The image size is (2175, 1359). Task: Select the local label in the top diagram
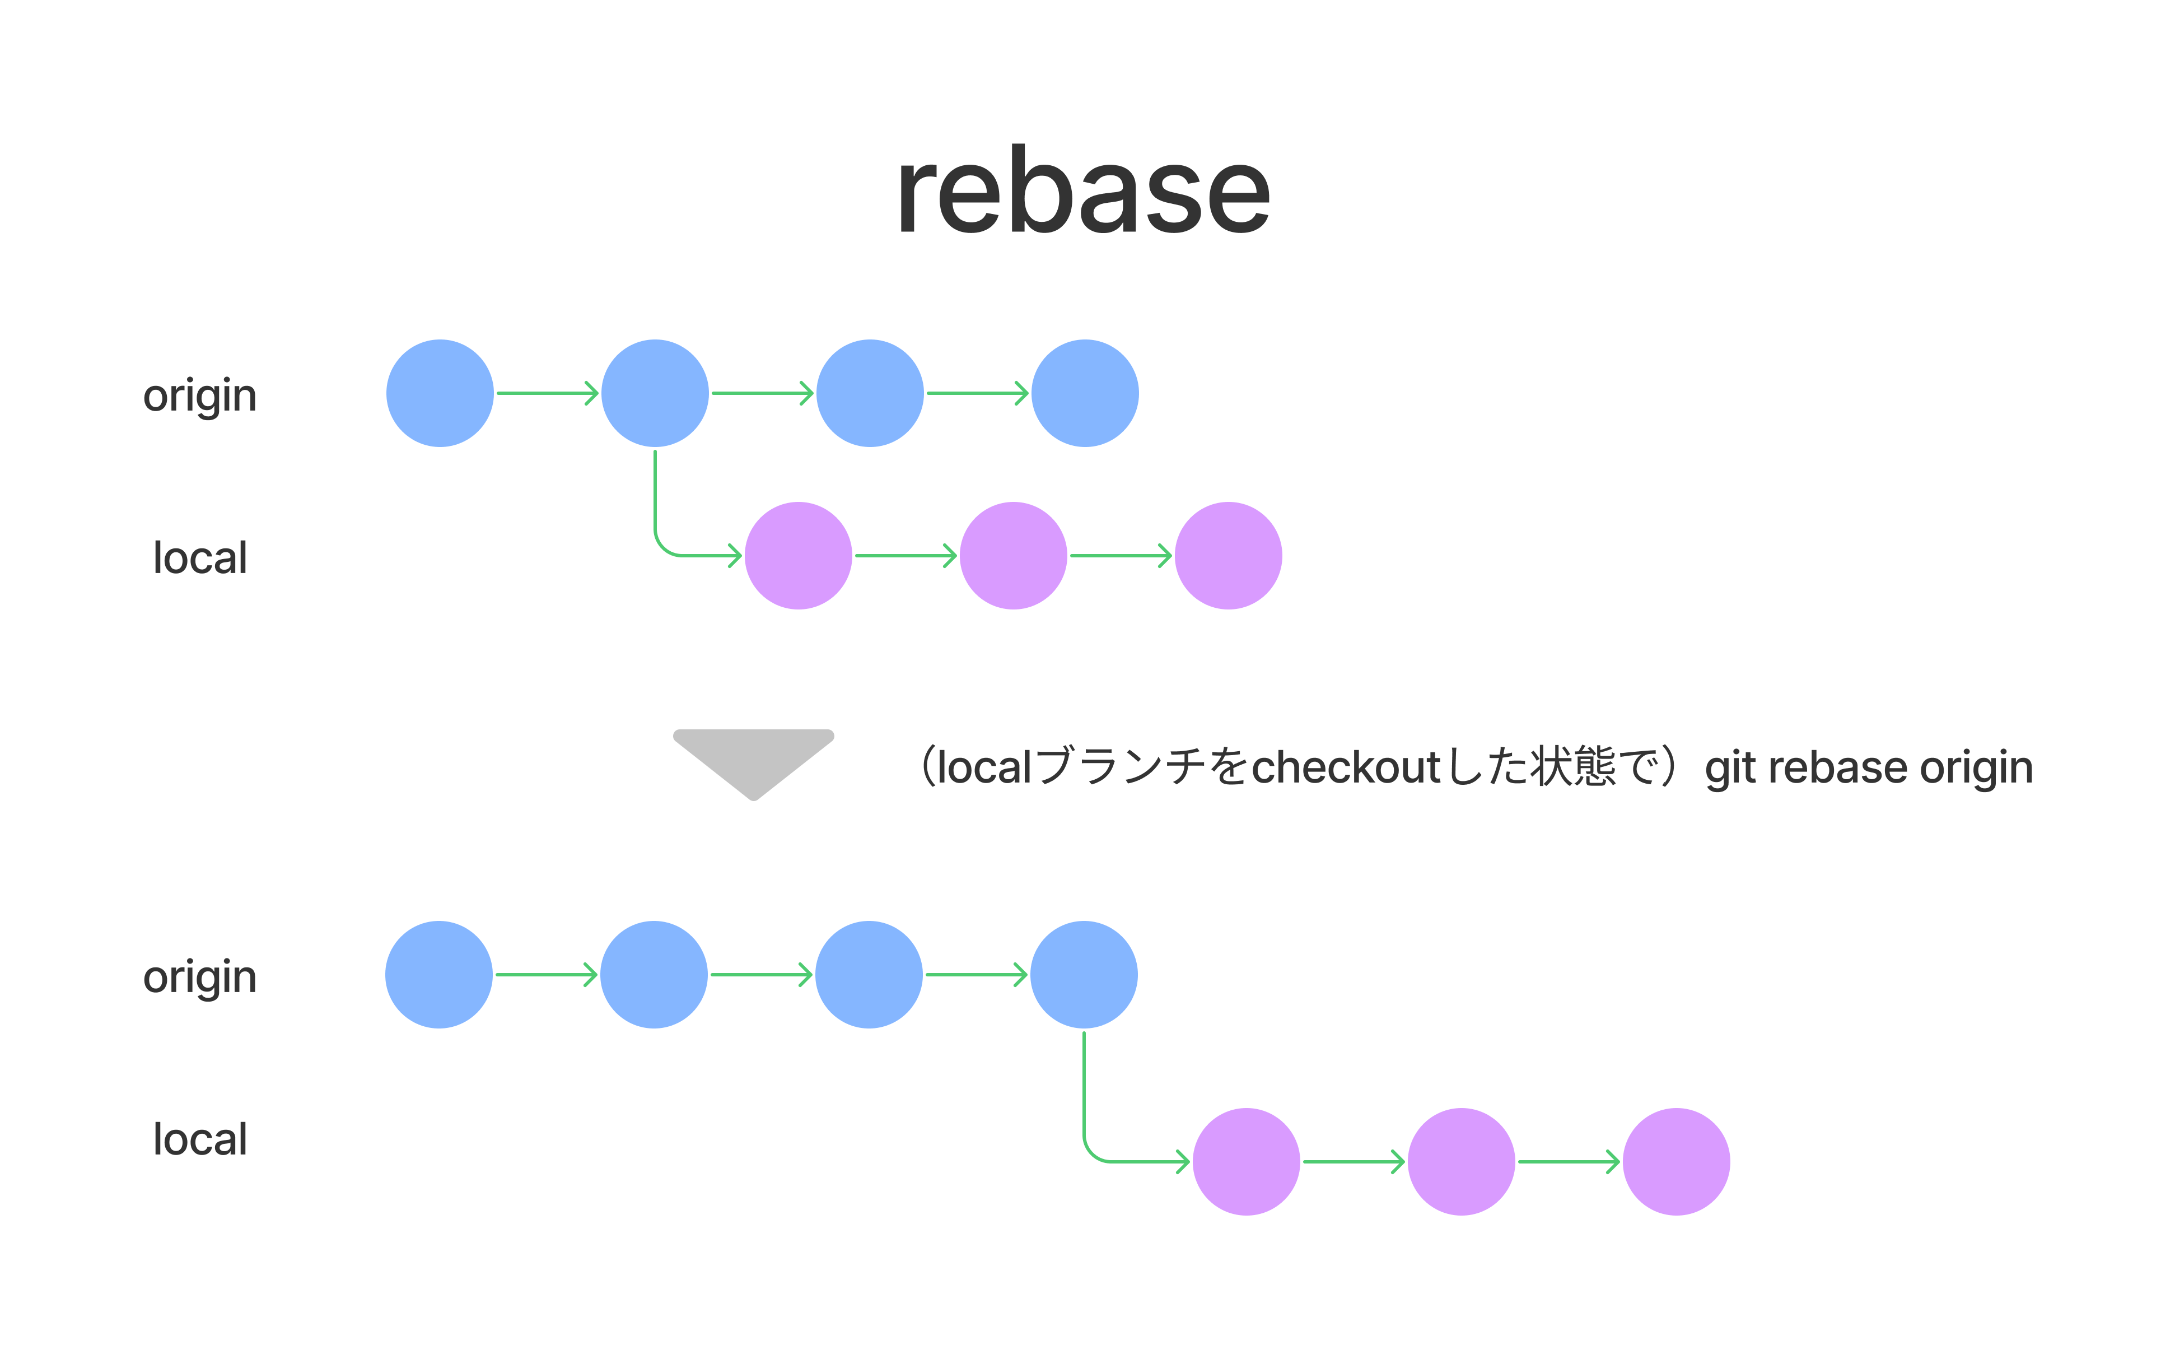199,557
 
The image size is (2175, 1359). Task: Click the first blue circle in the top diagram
440,393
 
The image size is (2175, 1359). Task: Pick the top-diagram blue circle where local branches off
655,393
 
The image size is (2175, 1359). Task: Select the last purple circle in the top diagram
1228,556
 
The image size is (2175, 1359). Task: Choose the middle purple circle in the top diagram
1014,556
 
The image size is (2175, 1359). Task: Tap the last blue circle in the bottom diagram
1084,974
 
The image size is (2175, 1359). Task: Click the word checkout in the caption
1346,767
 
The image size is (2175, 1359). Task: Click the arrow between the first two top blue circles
546,393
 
